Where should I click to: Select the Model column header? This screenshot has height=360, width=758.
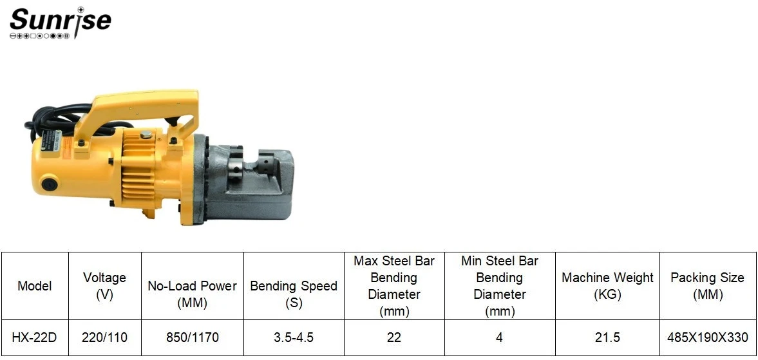tap(34, 286)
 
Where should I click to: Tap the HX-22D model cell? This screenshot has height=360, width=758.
tap(34, 337)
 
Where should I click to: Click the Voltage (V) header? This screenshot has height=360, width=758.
tap(104, 286)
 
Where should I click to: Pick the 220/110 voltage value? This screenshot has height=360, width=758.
tap(105, 337)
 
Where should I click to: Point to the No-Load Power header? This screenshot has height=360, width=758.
tap(193, 294)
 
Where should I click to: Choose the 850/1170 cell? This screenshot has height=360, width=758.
tap(193, 337)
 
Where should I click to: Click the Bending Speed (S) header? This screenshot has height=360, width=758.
tap(294, 294)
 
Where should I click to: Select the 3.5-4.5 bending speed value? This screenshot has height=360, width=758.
tap(294, 337)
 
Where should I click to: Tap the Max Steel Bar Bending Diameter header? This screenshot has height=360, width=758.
tap(394, 286)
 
